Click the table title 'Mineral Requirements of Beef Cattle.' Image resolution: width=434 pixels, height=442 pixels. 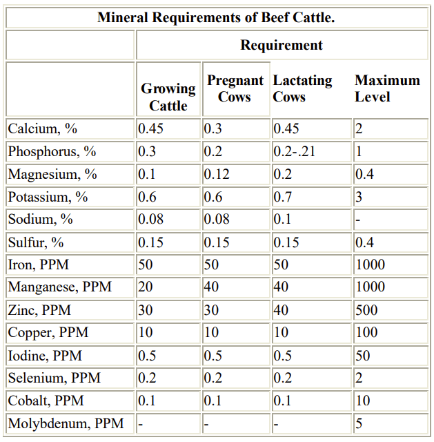(216, 17)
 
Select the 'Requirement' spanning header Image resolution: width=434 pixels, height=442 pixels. (281, 46)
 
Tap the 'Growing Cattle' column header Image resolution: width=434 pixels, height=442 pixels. (168, 97)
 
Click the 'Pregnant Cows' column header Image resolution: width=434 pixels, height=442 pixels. (235, 89)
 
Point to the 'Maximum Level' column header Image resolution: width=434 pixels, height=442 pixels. (387, 89)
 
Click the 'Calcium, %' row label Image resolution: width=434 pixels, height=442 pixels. (42, 129)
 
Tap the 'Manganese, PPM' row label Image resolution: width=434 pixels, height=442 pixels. (59, 287)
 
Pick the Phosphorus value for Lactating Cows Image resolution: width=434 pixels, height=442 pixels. (294, 151)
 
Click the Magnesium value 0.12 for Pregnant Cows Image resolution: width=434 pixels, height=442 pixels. (216, 174)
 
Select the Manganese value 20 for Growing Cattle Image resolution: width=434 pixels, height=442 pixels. (145, 287)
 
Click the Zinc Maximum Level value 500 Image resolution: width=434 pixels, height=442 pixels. (366, 310)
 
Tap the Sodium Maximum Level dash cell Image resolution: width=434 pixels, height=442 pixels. (357, 220)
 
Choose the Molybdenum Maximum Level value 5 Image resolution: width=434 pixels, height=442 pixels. (359, 423)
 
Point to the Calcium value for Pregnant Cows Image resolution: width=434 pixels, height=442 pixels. (212, 129)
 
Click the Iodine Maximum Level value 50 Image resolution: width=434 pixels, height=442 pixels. (363, 355)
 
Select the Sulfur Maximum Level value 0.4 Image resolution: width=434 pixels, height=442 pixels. (364, 242)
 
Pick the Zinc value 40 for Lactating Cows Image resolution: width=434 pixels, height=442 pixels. (281, 310)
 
